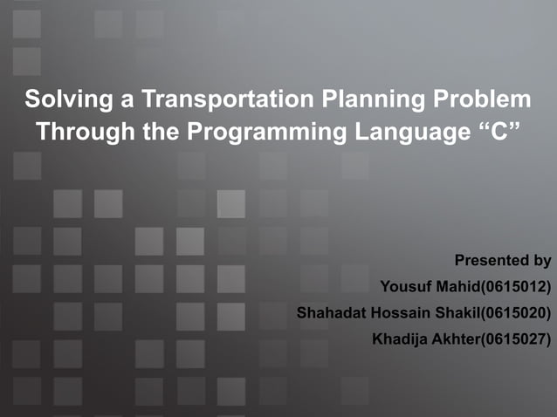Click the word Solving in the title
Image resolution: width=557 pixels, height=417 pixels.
point(60,99)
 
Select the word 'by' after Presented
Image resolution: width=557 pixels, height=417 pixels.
point(542,260)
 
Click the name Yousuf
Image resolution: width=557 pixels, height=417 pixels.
point(407,286)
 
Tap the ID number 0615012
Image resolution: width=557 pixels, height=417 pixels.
point(520,286)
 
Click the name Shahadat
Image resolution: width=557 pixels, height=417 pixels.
point(333,312)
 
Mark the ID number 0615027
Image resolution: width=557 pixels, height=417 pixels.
point(520,338)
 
